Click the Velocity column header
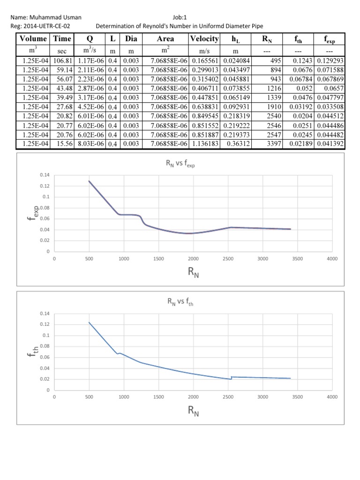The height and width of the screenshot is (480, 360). (x=204, y=39)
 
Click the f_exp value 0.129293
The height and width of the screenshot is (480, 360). (x=330, y=60)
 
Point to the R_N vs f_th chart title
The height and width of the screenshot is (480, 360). (x=180, y=303)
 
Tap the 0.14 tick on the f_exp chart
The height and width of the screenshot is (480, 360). (x=45, y=175)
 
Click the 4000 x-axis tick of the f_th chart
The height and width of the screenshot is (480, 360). (x=332, y=397)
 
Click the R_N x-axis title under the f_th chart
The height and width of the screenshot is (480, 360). (x=193, y=412)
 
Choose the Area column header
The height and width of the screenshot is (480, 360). (x=166, y=39)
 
